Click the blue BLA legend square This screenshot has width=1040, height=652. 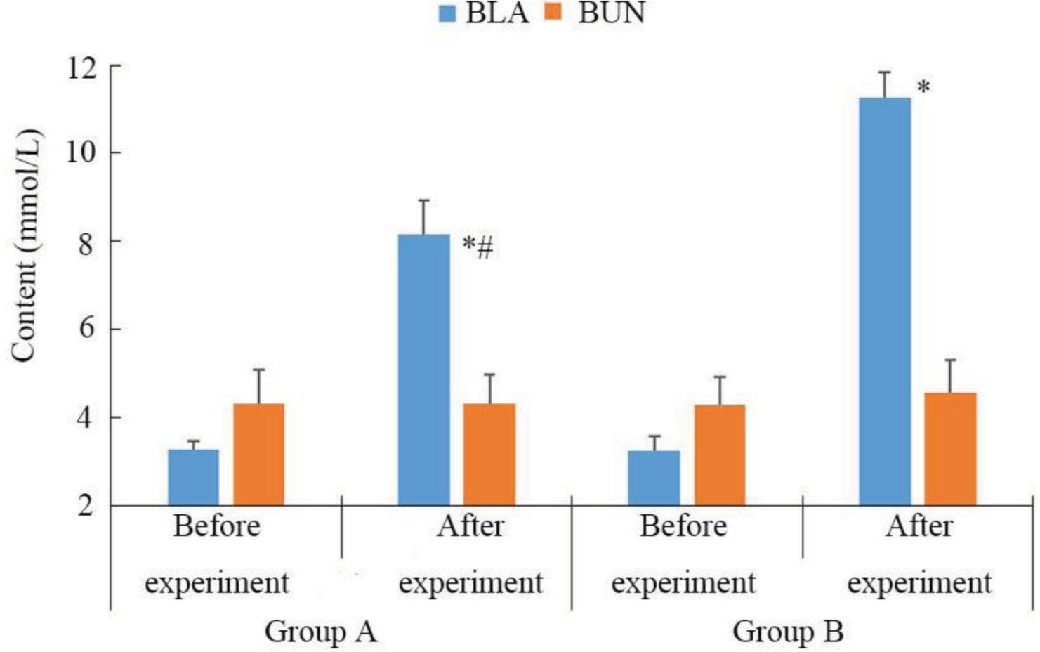tap(447, 13)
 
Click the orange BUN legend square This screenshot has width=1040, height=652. tap(553, 12)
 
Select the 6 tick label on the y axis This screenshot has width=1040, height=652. tap(86, 329)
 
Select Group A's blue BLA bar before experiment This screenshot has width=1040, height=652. tap(193, 477)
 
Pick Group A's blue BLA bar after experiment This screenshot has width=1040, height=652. tap(423, 370)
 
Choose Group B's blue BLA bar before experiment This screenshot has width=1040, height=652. tap(654, 478)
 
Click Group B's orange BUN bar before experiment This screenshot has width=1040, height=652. tap(719, 455)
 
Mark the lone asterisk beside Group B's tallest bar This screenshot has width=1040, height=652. tap(923, 88)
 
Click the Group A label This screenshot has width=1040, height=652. tap(320, 631)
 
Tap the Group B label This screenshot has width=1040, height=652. tap(787, 631)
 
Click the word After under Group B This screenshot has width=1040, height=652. tap(919, 526)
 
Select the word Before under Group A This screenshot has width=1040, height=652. tap(216, 526)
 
